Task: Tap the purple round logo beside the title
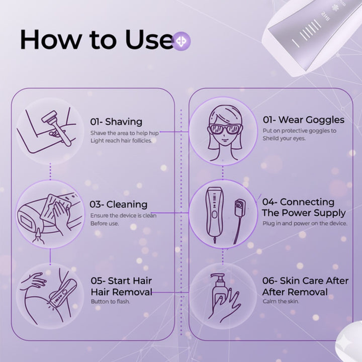(182, 41)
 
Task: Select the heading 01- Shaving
(116, 122)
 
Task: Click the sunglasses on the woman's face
(224, 129)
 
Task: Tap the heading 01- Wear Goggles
(303, 120)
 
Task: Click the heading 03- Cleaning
(119, 204)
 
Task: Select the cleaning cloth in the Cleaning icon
(55, 207)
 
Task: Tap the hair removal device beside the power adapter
(214, 214)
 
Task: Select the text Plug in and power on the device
(305, 223)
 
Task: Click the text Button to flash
(110, 302)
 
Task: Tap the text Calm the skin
(281, 301)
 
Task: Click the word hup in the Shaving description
(154, 133)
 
